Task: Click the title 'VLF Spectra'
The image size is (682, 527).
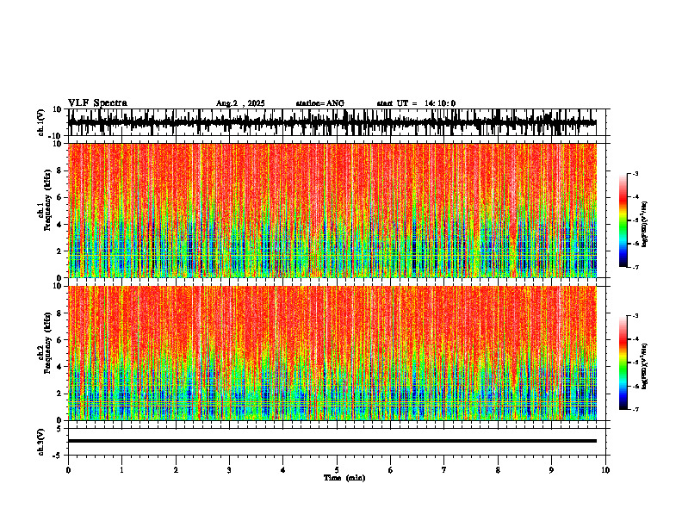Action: [x=97, y=102]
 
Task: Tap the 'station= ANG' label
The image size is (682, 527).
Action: [x=319, y=103]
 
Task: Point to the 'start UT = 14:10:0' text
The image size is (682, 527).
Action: [x=416, y=103]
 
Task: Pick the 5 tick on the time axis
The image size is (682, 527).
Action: [x=337, y=469]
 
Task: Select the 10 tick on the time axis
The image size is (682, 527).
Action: [x=605, y=469]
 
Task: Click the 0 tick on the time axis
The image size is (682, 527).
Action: [x=68, y=469]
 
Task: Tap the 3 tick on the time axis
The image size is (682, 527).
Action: [x=229, y=469]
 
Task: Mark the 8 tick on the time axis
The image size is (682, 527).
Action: [x=498, y=469]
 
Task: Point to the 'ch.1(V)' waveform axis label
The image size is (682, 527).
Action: [x=41, y=122]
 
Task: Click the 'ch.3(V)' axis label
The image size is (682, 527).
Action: [x=41, y=440]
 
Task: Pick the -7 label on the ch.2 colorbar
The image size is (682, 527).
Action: [x=636, y=410]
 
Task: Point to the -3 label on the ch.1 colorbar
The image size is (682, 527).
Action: [x=636, y=174]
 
